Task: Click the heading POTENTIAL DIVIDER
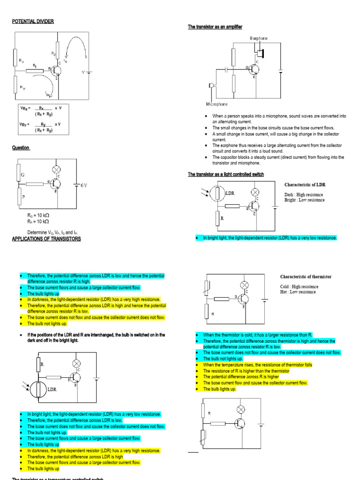tap(33, 22)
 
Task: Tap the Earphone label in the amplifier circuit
tap(259, 38)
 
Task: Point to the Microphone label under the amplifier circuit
tap(217, 104)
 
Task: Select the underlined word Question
tap(21, 148)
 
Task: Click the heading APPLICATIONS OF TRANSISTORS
tap(46, 239)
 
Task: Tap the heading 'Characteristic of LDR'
tap(305, 185)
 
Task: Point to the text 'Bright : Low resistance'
tap(304, 200)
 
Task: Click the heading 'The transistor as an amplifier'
tap(215, 27)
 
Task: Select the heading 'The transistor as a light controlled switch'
tap(226, 174)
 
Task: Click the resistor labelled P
tap(18, 196)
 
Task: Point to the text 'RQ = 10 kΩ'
tap(38, 215)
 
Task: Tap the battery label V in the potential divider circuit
tap(83, 72)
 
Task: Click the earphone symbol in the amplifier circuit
tap(258, 50)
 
